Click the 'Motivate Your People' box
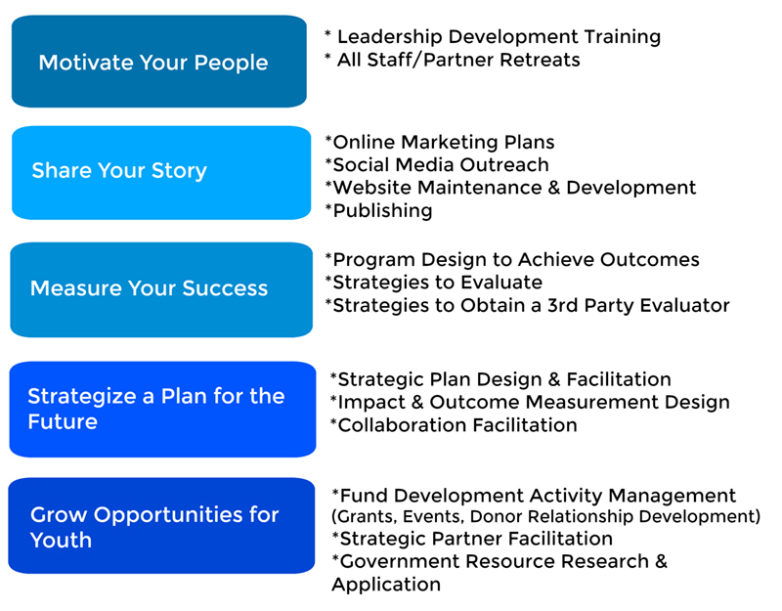point(159,62)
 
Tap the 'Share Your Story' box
point(161,173)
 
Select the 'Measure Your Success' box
point(161,289)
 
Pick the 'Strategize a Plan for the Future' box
point(162,410)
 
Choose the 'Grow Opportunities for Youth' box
point(161,526)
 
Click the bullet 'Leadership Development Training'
point(493,36)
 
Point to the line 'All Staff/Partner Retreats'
point(453,60)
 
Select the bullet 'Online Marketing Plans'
point(439,142)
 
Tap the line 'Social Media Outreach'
point(437,164)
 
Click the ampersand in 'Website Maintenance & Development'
point(553,188)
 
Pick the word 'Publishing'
point(382,211)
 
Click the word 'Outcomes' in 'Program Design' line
point(649,260)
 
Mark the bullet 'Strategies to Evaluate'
point(433,283)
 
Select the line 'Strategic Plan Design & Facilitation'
point(500,379)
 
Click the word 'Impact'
point(371,403)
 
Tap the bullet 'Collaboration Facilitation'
point(454,425)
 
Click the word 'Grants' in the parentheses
point(365,517)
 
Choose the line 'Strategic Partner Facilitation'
point(472,539)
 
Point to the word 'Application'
point(386,585)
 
